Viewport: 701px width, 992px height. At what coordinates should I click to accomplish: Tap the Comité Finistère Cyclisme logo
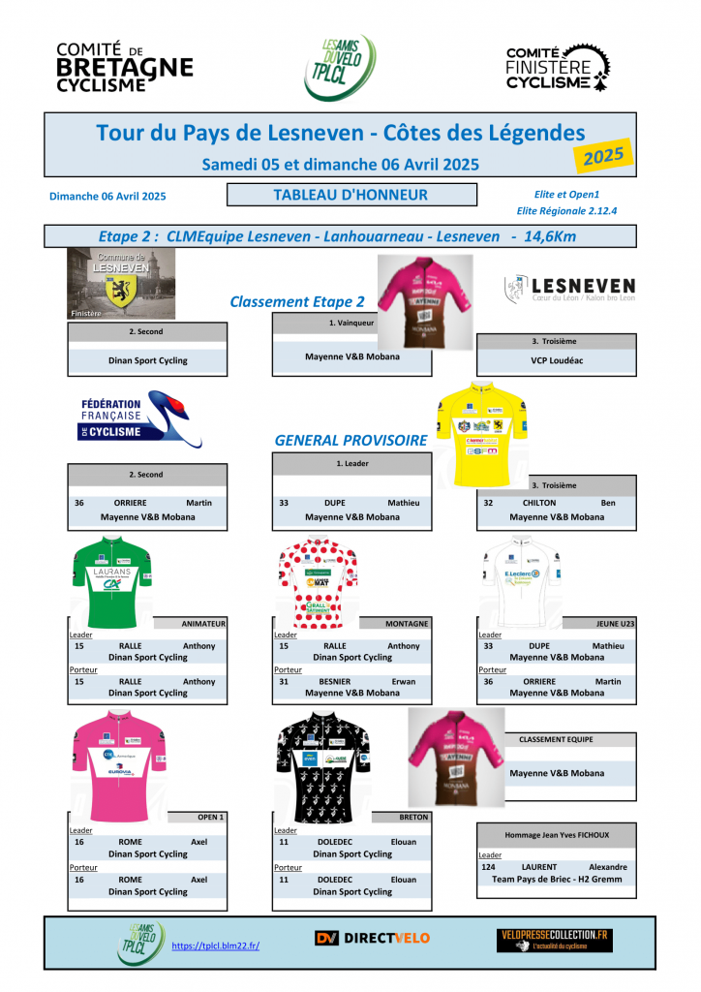point(559,68)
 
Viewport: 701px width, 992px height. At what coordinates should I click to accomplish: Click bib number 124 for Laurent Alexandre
point(488,867)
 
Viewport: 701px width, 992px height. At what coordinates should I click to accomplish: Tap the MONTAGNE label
point(406,624)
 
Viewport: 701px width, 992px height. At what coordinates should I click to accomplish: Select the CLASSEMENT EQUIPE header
point(556,739)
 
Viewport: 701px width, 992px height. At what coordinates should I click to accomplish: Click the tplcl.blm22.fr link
point(215,945)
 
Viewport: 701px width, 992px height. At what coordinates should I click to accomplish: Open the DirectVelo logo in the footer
point(372,938)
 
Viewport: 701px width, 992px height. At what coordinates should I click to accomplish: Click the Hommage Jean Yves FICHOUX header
point(557,834)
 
